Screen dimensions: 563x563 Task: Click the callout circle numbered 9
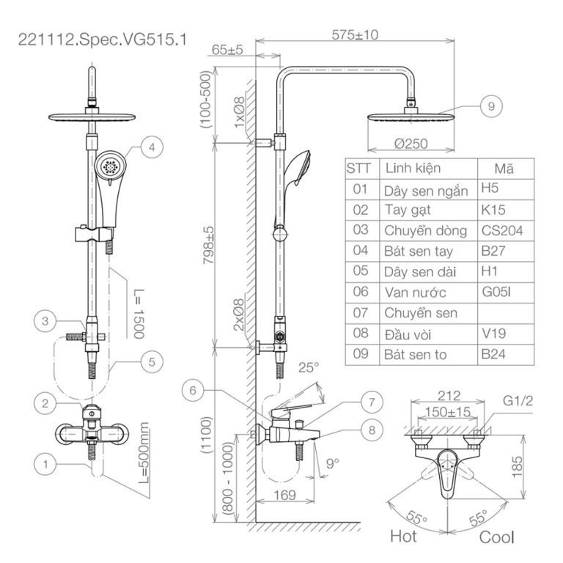(491, 106)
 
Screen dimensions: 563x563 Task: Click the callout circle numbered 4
(151, 147)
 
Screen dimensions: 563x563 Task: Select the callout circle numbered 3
(45, 321)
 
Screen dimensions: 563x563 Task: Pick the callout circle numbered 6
(193, 391)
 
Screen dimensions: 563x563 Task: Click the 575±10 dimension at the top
(355, 34)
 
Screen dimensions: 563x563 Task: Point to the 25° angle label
(309, 367)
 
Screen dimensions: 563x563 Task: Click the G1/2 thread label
(518, 402)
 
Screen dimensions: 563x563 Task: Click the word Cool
(496, 537)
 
